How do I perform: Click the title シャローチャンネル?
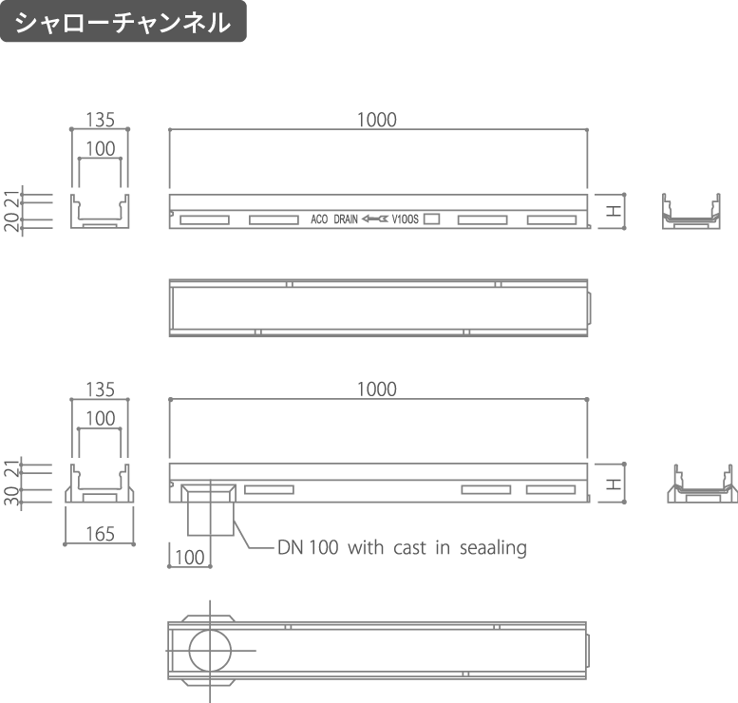123,22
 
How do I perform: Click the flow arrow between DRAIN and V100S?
375,218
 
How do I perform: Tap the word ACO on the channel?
319,219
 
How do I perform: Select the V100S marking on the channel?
405,219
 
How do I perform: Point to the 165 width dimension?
101,534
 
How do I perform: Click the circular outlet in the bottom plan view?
211,650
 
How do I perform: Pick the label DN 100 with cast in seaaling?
402,547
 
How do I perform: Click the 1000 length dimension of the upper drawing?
377,120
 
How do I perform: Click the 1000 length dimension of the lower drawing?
377,389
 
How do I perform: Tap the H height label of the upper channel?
613,211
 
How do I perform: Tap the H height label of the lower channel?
613,484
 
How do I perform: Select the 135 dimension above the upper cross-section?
101,120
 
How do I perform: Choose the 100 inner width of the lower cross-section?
101,419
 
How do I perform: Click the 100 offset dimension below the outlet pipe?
190,558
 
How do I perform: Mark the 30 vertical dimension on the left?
11,496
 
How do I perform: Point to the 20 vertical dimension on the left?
11,222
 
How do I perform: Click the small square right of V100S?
431,218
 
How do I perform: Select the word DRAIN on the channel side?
346,219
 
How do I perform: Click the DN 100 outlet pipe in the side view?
211,510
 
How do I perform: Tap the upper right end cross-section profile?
691,212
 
